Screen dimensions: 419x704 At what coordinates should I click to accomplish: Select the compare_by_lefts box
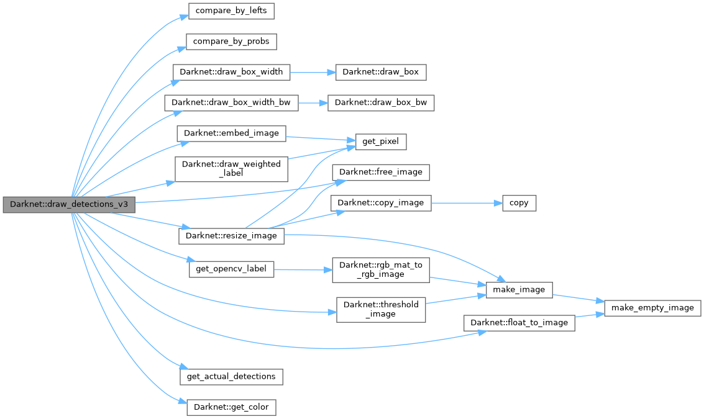pos(231,11)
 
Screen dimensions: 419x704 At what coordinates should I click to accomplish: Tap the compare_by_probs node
pos(231,42)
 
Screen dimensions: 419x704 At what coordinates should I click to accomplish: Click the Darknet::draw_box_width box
pos(231,72)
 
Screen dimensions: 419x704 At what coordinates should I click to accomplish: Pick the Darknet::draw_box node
pos(381,72)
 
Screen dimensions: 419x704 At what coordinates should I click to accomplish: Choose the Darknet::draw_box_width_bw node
pos(231,103)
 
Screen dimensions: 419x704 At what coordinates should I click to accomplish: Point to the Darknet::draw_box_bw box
pos(381,103)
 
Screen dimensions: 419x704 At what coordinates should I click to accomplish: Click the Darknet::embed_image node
pos(231,133)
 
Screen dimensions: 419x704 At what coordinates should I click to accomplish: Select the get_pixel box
pos(381,142)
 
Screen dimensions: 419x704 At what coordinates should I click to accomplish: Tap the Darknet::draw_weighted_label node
pos(231,169)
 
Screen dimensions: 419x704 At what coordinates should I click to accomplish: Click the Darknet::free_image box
pos(381,172)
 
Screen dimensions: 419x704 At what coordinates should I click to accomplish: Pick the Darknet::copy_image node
pos(381,202)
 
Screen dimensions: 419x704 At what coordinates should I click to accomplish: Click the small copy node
pos(519,202)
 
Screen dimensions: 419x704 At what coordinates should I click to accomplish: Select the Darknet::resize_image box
pos(231,236)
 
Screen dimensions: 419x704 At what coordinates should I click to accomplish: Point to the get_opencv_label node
pos(231,269)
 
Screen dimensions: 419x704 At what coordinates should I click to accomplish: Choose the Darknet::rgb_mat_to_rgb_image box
pos(381,269)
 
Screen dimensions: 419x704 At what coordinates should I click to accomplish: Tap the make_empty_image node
pos(652,307)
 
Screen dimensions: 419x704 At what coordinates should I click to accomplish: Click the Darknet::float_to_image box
pos(519,323)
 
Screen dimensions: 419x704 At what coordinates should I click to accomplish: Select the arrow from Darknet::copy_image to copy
pos(466,202)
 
